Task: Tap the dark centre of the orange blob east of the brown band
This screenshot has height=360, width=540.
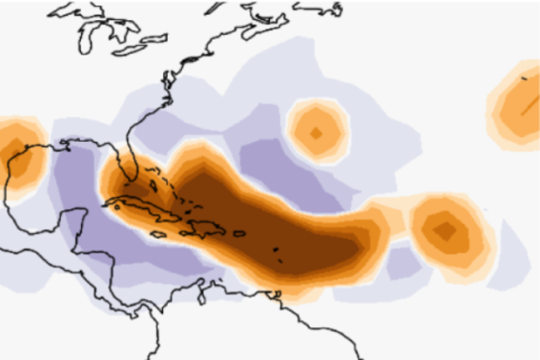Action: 445,230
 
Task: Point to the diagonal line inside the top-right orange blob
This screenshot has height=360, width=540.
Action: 526,107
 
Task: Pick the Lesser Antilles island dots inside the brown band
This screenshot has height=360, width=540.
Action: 278,252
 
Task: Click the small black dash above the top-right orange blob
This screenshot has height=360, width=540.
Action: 523,77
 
